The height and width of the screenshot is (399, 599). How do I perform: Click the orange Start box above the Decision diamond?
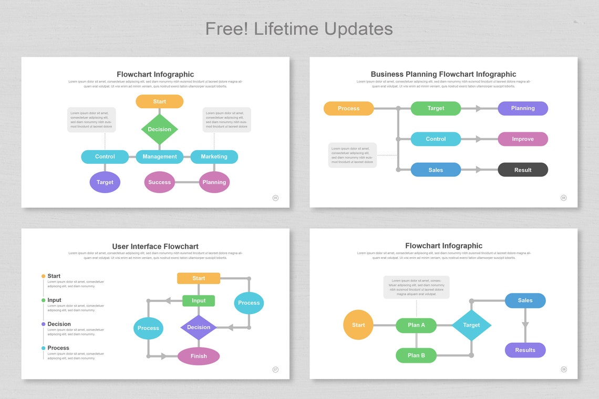click(x=159, y=101)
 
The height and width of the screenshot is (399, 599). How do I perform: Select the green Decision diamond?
click(x=159, y=129)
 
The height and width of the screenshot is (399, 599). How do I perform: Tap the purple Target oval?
click(x=105, y=182)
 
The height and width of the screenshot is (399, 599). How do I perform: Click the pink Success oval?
click(x=159, y=182)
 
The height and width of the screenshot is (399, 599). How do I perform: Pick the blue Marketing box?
click(x=214, y=156)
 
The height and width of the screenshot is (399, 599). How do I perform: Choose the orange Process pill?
click(x=348, y=108)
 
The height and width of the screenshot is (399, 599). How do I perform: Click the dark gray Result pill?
click(x=522, y=170)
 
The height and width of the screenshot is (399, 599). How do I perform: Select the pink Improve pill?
click(x=522, y=139)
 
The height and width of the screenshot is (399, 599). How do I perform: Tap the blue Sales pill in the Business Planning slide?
click(x=436, y=170)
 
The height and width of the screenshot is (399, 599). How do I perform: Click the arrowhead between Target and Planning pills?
click(x=478, y=109)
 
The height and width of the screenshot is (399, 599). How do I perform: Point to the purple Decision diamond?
click(x=199, y=327)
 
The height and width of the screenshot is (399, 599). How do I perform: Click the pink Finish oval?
click(x=199, y=356)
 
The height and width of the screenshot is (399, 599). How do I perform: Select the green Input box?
click(x=199, y=301)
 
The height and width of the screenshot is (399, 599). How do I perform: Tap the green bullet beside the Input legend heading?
click(x=43, y=300)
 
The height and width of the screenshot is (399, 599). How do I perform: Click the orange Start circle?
click(x=358, y=325)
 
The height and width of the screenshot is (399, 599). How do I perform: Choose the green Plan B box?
click(x=416, y=355)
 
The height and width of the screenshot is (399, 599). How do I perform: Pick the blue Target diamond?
click(x=471, y=325)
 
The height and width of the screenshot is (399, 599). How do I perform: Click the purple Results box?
click(x=525, y=350)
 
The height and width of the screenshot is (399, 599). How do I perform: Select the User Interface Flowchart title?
click(x=155, y=246)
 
